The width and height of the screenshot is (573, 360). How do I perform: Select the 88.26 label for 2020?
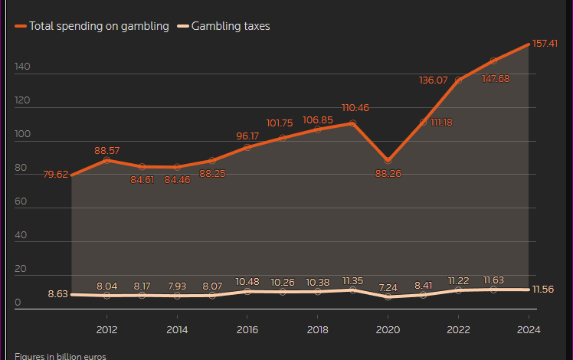388,174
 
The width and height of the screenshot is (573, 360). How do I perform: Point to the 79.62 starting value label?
56,175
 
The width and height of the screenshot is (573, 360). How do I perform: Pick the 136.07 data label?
434,80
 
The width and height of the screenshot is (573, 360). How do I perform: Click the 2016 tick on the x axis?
247,329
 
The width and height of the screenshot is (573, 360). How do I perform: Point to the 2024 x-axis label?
529,329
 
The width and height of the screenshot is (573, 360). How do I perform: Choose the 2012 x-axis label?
106,329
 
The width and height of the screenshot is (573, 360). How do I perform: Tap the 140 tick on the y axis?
21,67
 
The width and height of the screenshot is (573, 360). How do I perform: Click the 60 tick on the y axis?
21,202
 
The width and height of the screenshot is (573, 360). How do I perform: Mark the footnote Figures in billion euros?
60,356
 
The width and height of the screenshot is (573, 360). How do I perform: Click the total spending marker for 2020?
388,161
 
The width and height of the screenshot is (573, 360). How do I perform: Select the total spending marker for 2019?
352,123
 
